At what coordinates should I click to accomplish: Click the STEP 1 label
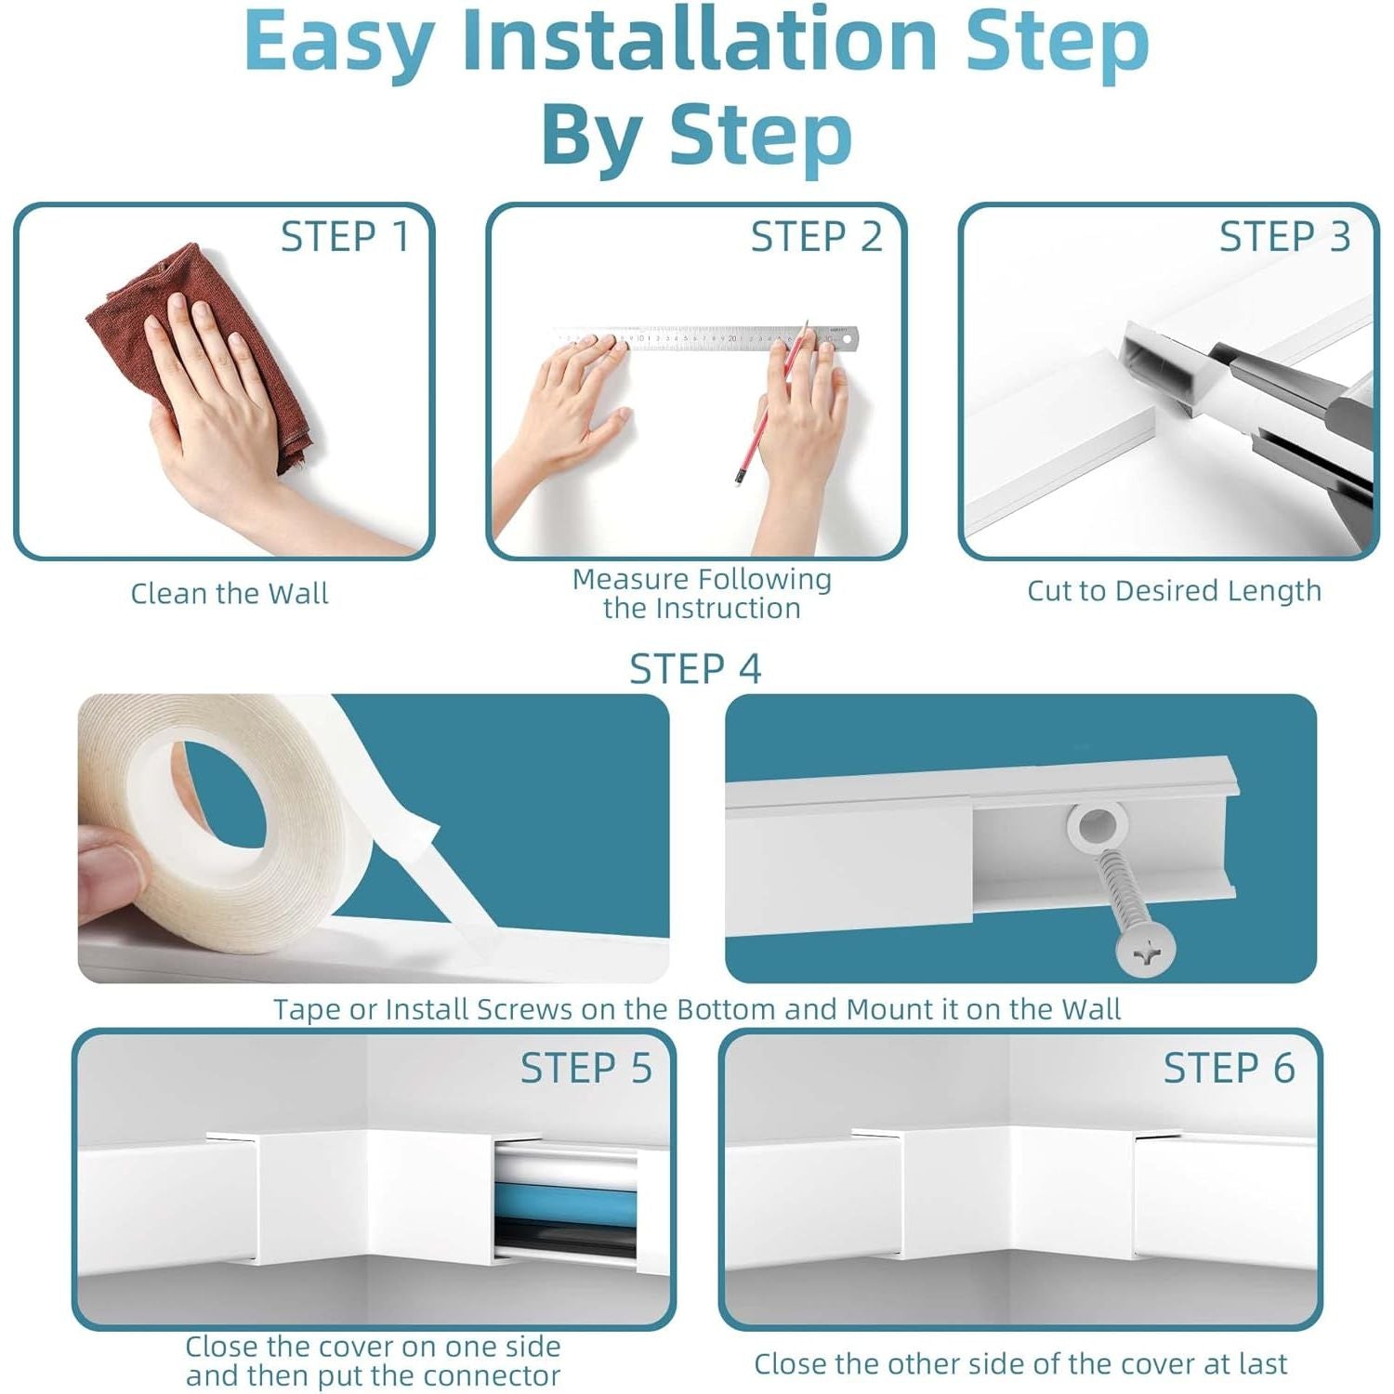point(345,237)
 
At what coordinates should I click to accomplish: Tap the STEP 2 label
point(816,237)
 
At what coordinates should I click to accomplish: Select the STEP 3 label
point(1285,237)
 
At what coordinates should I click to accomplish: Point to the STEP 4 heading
point(695,669)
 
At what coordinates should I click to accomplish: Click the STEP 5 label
point(586,1069)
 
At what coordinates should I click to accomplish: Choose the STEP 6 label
point(1230,1069)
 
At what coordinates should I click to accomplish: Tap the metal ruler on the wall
point(706,337)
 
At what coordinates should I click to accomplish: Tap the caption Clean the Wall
point(230,593)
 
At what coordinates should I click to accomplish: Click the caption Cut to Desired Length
point(1174,591)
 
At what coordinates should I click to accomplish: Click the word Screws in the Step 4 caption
point(524,1009)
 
